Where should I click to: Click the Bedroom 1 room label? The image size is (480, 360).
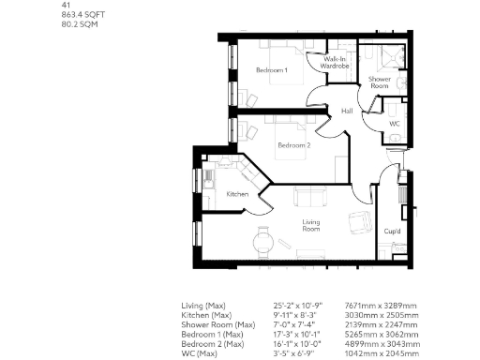click(271, 71)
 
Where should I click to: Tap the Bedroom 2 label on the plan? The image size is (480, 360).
click(293, 145)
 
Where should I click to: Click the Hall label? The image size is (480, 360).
click(347, 112)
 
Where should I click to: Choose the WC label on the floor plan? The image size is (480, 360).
click(394, 123)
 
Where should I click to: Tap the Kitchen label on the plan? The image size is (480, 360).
click(237, 194)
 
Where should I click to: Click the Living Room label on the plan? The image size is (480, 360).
click(310, 226)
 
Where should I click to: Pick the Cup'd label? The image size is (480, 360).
click(392, 231)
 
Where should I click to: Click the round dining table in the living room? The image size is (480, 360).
click(264, 241)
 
